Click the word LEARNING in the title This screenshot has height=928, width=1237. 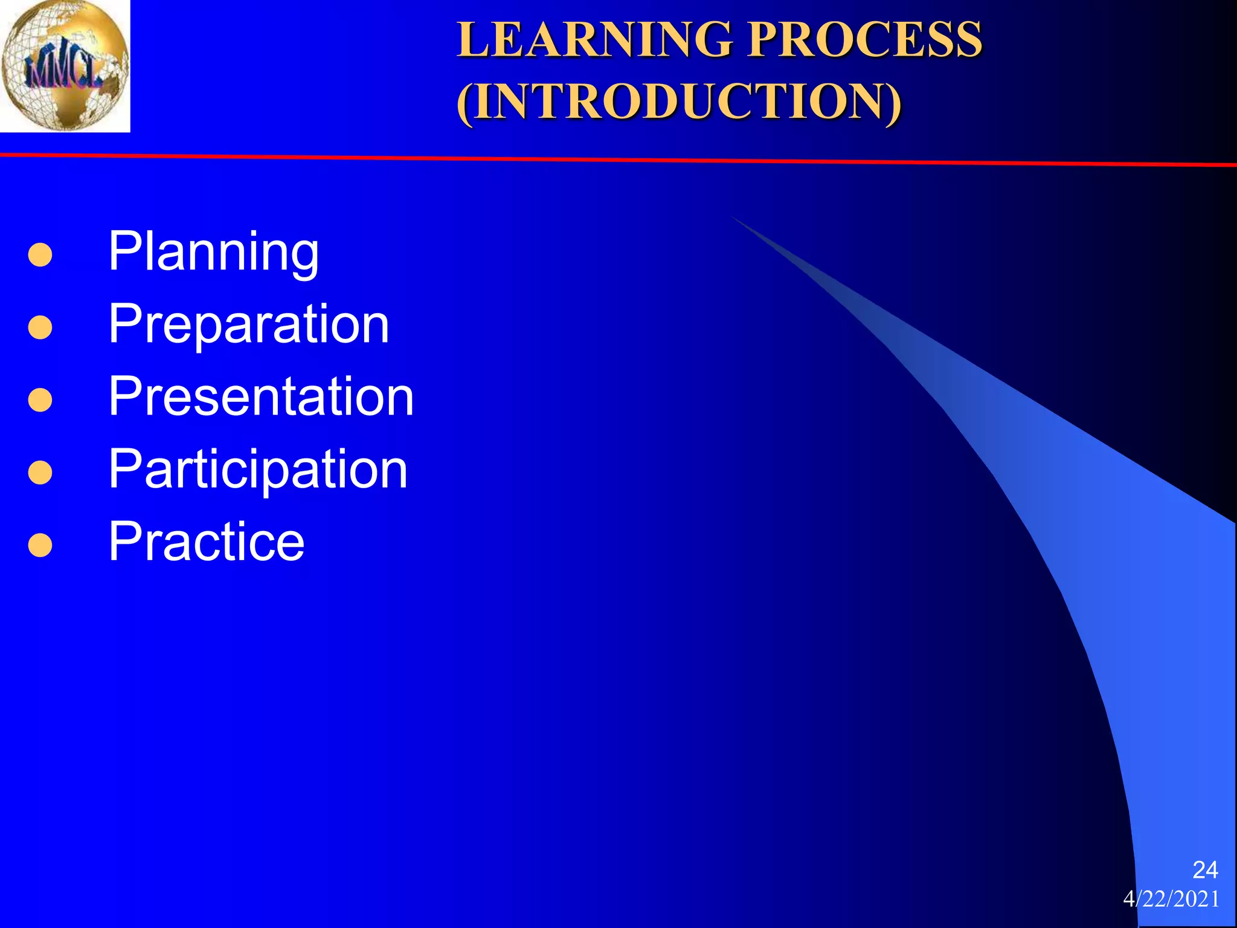click(x=594, y=40)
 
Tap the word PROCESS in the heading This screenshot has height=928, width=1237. click(x=865, y=40)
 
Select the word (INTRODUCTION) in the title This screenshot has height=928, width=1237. click(x=679, y=101)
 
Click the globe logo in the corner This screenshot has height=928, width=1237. click(x=65, y=65)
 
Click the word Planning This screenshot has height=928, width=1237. click(x=213, y=253)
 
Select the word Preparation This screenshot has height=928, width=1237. click(x=248, y=325)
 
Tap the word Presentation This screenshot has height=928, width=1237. click(x=261, y=397)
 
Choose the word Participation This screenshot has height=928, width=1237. click(x=258, y=469)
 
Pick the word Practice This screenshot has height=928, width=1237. click(x=207, y=541)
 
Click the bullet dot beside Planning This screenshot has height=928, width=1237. click(x=40, y=255)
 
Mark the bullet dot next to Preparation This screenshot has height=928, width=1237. click(x=40, y=327)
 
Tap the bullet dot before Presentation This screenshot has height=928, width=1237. click(x=40, y=400)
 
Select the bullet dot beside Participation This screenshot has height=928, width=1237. click(x=40, y=472)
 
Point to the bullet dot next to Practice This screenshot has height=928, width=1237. click(x=40, y=544)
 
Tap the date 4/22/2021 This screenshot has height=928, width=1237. click(x=1171, y=899)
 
